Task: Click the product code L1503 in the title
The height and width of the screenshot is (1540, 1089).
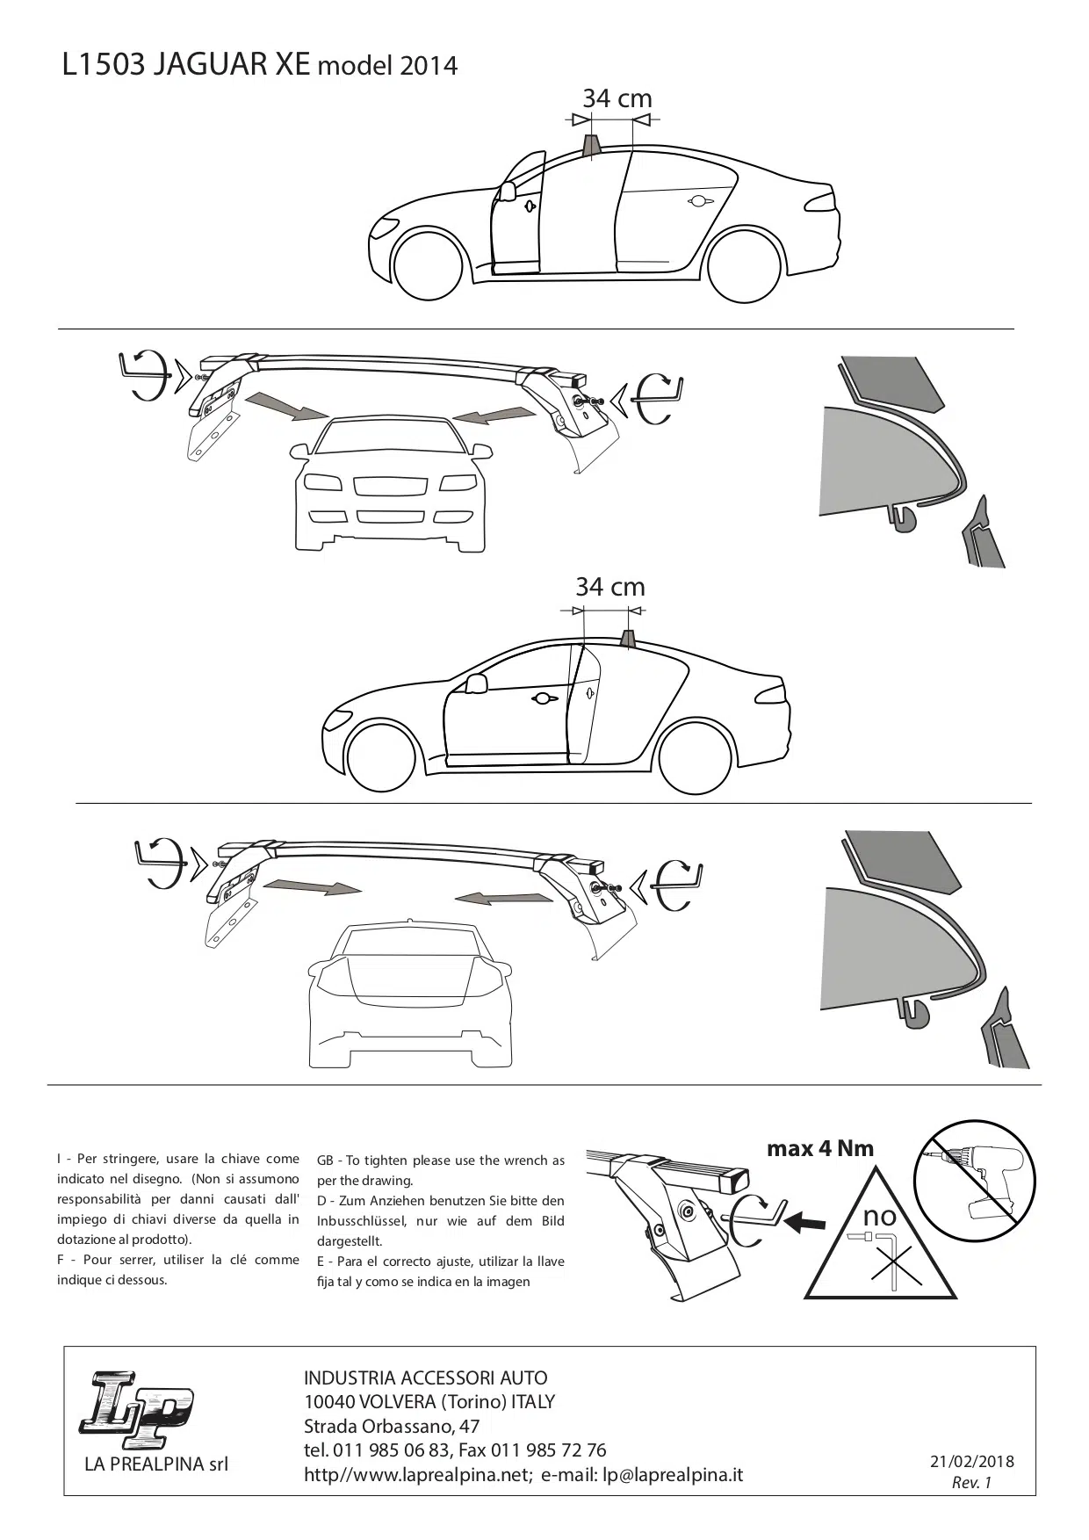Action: pos(103,66)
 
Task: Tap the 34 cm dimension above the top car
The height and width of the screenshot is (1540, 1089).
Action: pos(617,98)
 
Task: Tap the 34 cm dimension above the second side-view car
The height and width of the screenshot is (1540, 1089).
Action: pos(610,586)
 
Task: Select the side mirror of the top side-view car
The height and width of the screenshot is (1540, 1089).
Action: pos(506,192)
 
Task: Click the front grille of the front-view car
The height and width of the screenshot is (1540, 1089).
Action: pos(391,485)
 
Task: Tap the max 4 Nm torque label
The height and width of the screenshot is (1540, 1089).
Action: pos(820,1148)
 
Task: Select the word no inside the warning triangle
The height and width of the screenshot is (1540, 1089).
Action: pos(879,1216)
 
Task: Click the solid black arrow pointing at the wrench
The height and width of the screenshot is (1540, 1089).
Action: pos(805,1221)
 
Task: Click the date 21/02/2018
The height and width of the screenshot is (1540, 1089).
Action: pos(972,1462)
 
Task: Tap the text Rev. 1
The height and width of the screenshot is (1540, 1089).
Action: pos(971,1483)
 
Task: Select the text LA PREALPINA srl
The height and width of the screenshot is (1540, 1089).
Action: pos(156,1464)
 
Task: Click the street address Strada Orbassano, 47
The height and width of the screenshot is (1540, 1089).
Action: pos(392,1426)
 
